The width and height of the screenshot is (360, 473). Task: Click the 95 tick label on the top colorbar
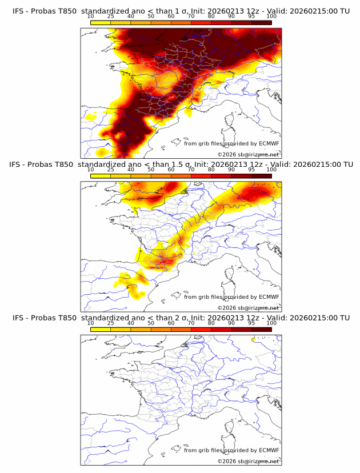(251, 15)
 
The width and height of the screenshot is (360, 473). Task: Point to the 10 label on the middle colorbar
(91, 169)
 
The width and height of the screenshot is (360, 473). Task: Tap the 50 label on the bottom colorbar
(151, 323)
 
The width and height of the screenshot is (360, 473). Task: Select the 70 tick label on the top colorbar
(191, 15)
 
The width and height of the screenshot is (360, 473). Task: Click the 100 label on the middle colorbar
(271, 169)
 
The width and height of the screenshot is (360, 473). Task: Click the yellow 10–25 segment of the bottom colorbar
(101, 329)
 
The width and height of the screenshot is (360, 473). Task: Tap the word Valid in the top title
(279, 10)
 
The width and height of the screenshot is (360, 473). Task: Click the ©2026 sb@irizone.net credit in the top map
(248, 155)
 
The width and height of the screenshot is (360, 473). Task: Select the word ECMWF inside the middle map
(269, 296)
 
